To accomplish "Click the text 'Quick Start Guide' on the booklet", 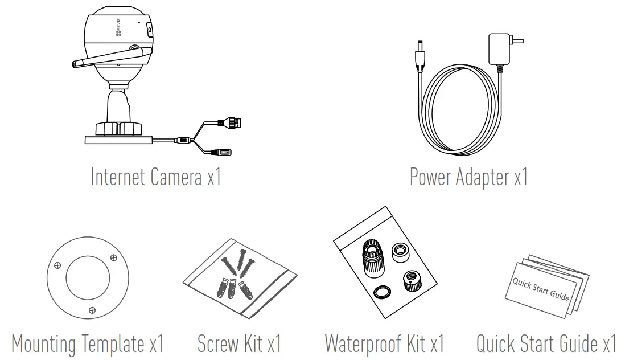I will (x=541, y=289).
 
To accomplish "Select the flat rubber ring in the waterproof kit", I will (x=382, y=293).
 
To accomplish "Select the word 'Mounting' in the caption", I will (x=43, y=343).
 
